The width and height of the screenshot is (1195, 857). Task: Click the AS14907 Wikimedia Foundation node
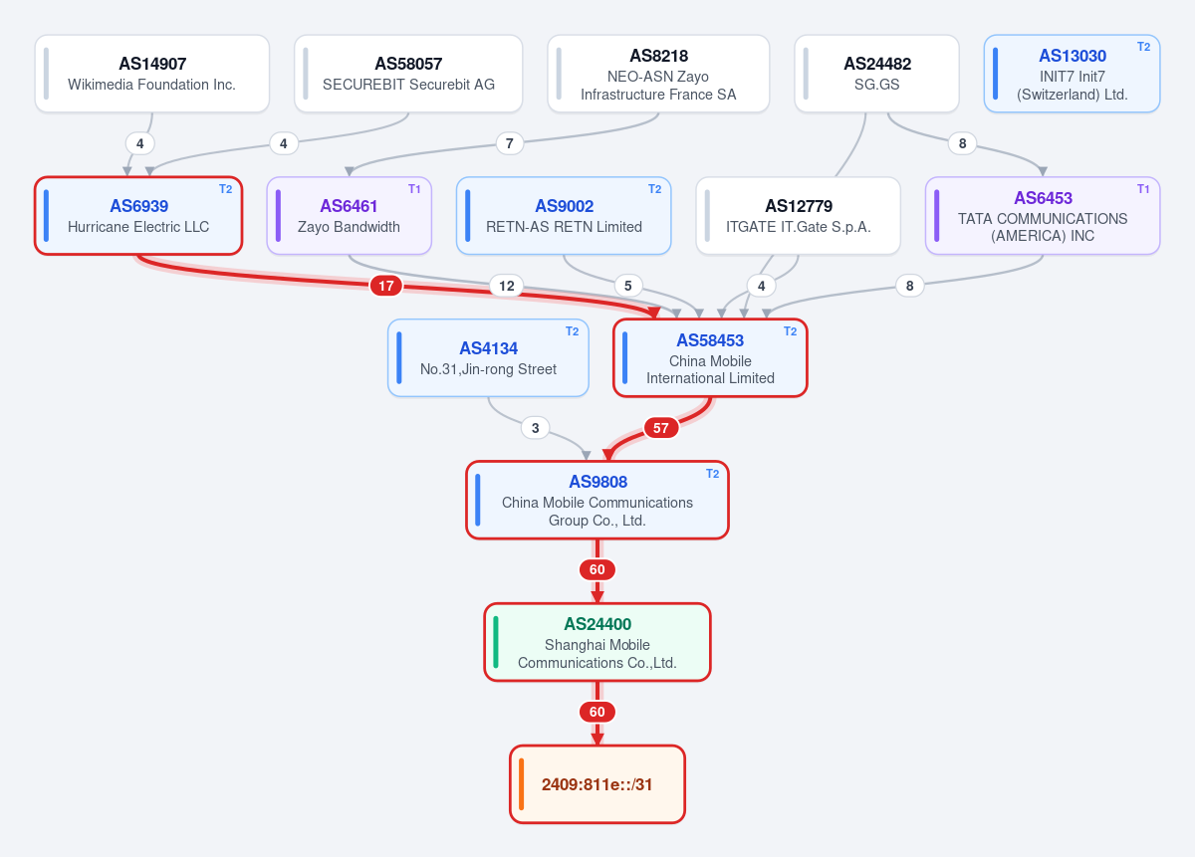coord(152,74)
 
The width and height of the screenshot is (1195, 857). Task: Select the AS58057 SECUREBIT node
coord(408,74)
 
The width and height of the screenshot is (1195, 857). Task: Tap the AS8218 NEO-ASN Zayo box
coord(658,74)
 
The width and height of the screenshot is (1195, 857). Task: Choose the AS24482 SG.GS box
coord(876,74)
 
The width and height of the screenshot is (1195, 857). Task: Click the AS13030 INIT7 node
coord(1072,74)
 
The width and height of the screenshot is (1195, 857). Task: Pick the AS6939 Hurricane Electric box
coord(138,216)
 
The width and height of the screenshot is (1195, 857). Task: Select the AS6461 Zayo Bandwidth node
coord(349,216)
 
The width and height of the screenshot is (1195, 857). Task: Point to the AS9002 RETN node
coord(564,216)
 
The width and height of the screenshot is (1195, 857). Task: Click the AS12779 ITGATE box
coord(798,216)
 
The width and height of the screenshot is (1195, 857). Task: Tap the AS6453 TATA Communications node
coord(1043,216)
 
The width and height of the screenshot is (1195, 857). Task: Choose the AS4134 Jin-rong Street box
coord(488,358)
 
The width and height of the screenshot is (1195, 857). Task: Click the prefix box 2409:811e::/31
coord(597,784)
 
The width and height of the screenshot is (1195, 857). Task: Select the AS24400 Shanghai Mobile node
coord(597,642)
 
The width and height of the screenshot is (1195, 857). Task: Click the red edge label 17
coord(386,286)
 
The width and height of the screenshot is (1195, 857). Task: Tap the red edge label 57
coord(661,428)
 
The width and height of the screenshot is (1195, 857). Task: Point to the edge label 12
coord(507,286)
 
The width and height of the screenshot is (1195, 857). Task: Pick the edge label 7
coord(510,143)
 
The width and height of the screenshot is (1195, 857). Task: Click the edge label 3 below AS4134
coord(536,428)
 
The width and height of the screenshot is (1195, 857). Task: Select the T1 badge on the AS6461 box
coord(414,189)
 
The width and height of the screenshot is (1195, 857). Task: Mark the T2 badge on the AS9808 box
coord(713,474)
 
